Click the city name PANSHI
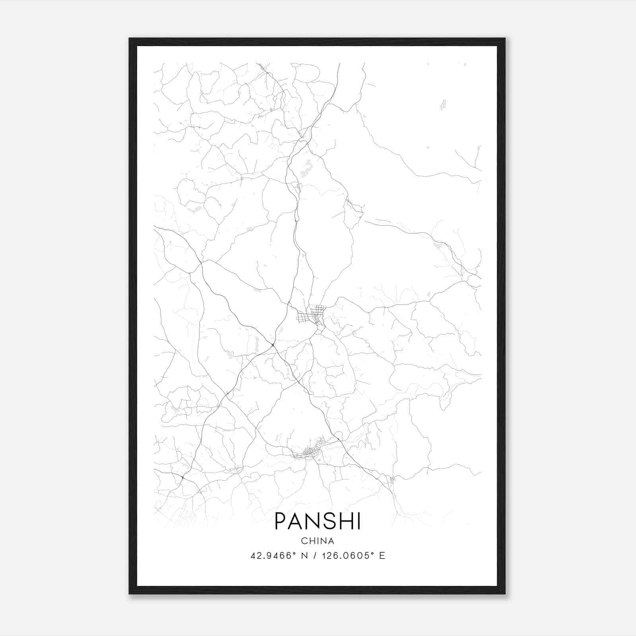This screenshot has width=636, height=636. (318, 521)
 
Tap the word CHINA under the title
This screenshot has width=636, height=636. (318, 541)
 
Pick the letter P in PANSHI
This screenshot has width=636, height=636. (280, 521)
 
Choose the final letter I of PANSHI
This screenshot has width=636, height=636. (359, 521)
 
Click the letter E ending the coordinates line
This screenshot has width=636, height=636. (382, 556)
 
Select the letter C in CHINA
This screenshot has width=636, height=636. (304, 541)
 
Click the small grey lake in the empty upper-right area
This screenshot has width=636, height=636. (443, 105)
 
